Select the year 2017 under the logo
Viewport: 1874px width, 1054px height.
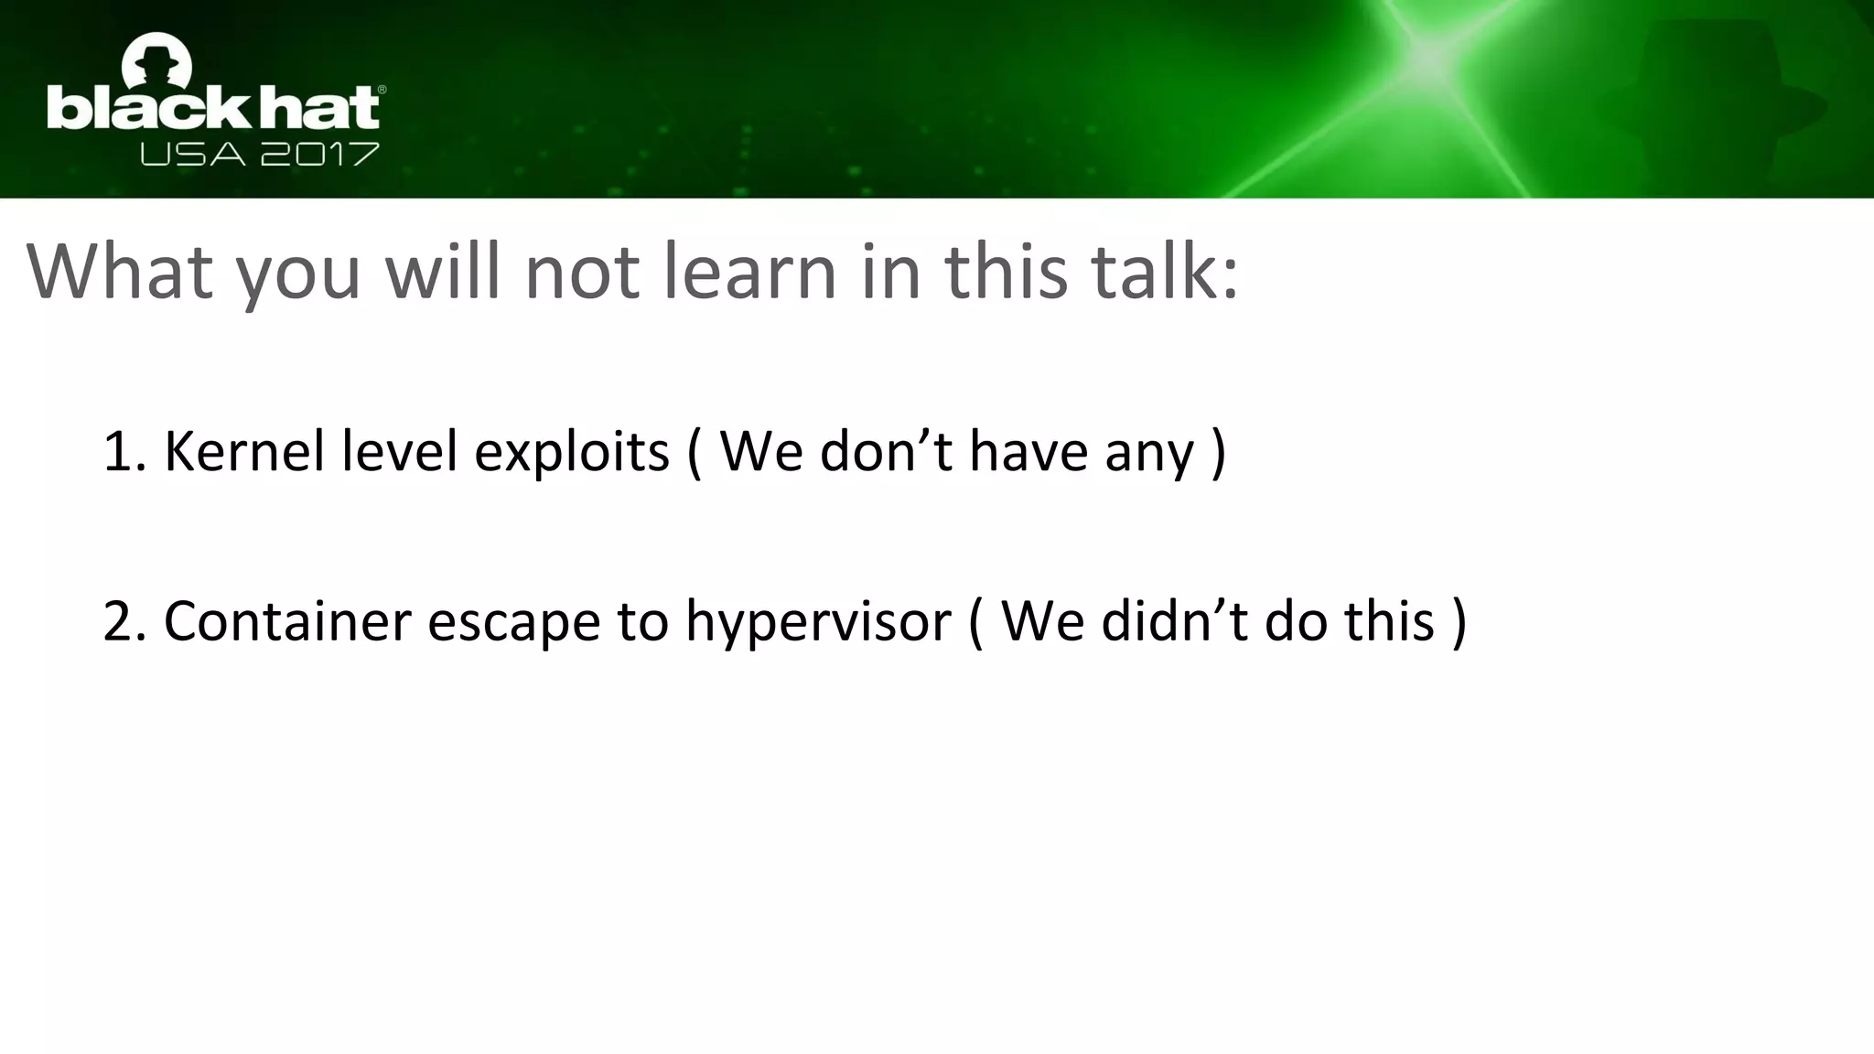(319, 155)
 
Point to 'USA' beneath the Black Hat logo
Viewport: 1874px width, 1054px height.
(193, 155)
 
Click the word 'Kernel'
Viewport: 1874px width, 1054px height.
(244, 451)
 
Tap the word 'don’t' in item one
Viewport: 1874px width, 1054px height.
(887, 451)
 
